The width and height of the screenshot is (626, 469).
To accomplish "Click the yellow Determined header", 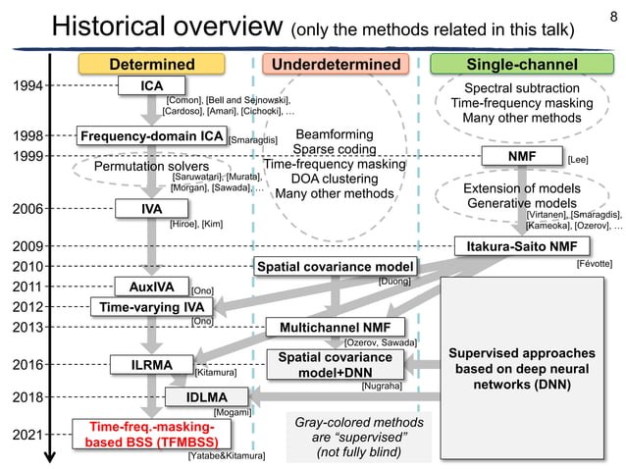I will tap(151, 65).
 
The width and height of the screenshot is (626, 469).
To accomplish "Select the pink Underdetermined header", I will tap(336, 65).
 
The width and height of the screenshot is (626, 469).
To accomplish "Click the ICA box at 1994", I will tap(152, 86).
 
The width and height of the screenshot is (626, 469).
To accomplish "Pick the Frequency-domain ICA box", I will tap(152, 136).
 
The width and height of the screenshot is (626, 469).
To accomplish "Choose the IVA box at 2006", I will tap(151, 209).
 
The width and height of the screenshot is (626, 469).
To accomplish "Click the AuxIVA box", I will tap(151, 287).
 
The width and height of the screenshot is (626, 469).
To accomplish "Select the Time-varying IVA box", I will tap(152, 307).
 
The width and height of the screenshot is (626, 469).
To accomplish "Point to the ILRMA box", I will tap(152, 365).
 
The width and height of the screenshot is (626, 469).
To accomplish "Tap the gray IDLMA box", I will tap(207, 397).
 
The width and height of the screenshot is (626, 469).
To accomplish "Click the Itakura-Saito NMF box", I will tap(521, 245).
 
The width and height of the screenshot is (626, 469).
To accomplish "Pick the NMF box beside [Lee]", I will tap(521, 157).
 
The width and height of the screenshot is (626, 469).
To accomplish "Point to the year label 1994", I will tap(26, 86).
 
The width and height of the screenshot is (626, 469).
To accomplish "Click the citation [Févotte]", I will tap(593, 265).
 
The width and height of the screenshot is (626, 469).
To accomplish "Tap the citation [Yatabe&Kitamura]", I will tap(227, 456).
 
